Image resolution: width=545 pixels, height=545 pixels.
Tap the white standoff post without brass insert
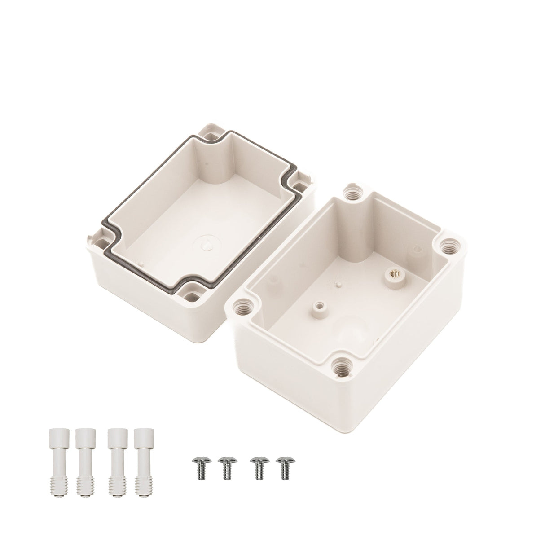coord(320,306)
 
